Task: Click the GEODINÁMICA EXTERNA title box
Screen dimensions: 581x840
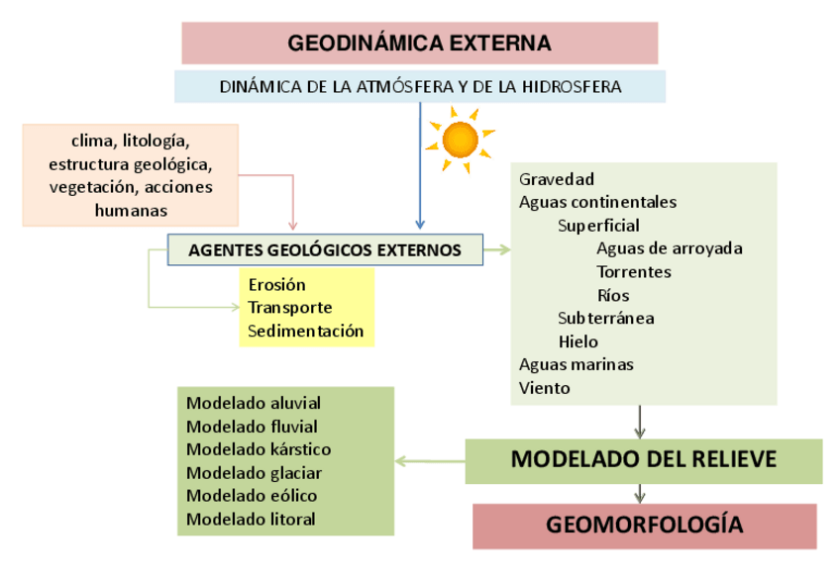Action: (419, 44)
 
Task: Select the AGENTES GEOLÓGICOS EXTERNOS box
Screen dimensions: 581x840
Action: (325, 250)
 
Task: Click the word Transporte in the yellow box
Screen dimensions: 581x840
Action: (289, 308)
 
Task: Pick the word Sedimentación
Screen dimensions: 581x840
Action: (305, 331)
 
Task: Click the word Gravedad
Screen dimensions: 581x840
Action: (556, 179)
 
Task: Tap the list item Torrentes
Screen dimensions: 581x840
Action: (634, 271)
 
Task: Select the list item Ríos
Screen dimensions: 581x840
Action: (613, 295)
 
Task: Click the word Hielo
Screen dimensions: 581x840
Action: (577, 341)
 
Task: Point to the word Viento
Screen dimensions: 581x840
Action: (544, 388)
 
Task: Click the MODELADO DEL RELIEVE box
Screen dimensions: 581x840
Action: (643, 460)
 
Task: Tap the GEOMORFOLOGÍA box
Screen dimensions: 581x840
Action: (644, 524)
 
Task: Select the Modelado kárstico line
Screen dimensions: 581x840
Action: (259, 449)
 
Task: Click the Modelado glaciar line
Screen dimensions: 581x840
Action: (254, 472)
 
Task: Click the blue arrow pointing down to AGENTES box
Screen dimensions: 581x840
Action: (420, 168)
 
